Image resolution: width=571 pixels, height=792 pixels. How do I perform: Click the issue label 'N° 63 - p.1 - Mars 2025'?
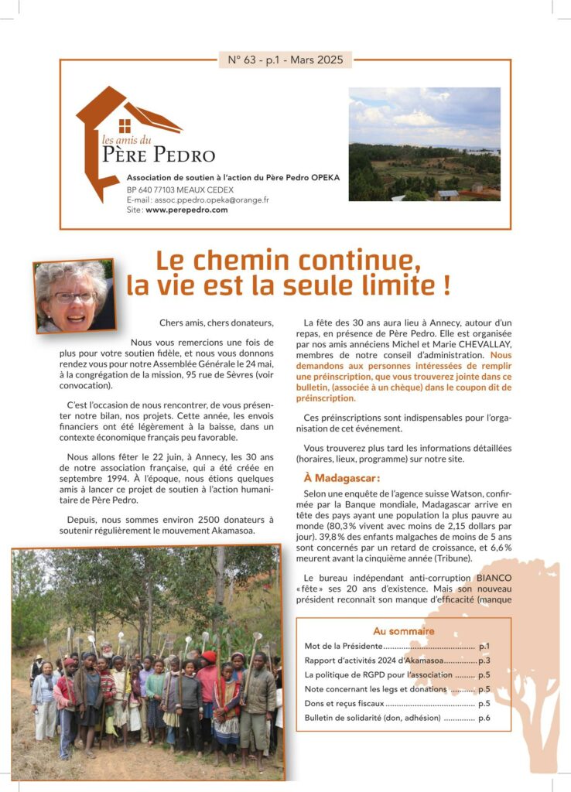pyautogui.click(x=285, y=60)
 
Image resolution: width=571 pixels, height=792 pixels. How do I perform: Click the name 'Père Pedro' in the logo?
pyautogui.click(x=159, y=155)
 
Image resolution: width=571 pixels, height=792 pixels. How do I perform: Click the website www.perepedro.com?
pyautogui.click(x=186, y=210)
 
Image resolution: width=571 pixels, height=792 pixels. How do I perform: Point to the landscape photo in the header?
pyautogui.click(x=424, y=144)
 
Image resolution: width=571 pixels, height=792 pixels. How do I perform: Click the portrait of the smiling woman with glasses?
pyautogui.click(x=72, y=297)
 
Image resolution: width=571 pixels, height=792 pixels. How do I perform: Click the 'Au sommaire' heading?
pyautogui.click(x=403, y=631)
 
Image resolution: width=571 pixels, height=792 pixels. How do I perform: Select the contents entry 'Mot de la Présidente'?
pyautogui.click(x=339, y=645)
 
